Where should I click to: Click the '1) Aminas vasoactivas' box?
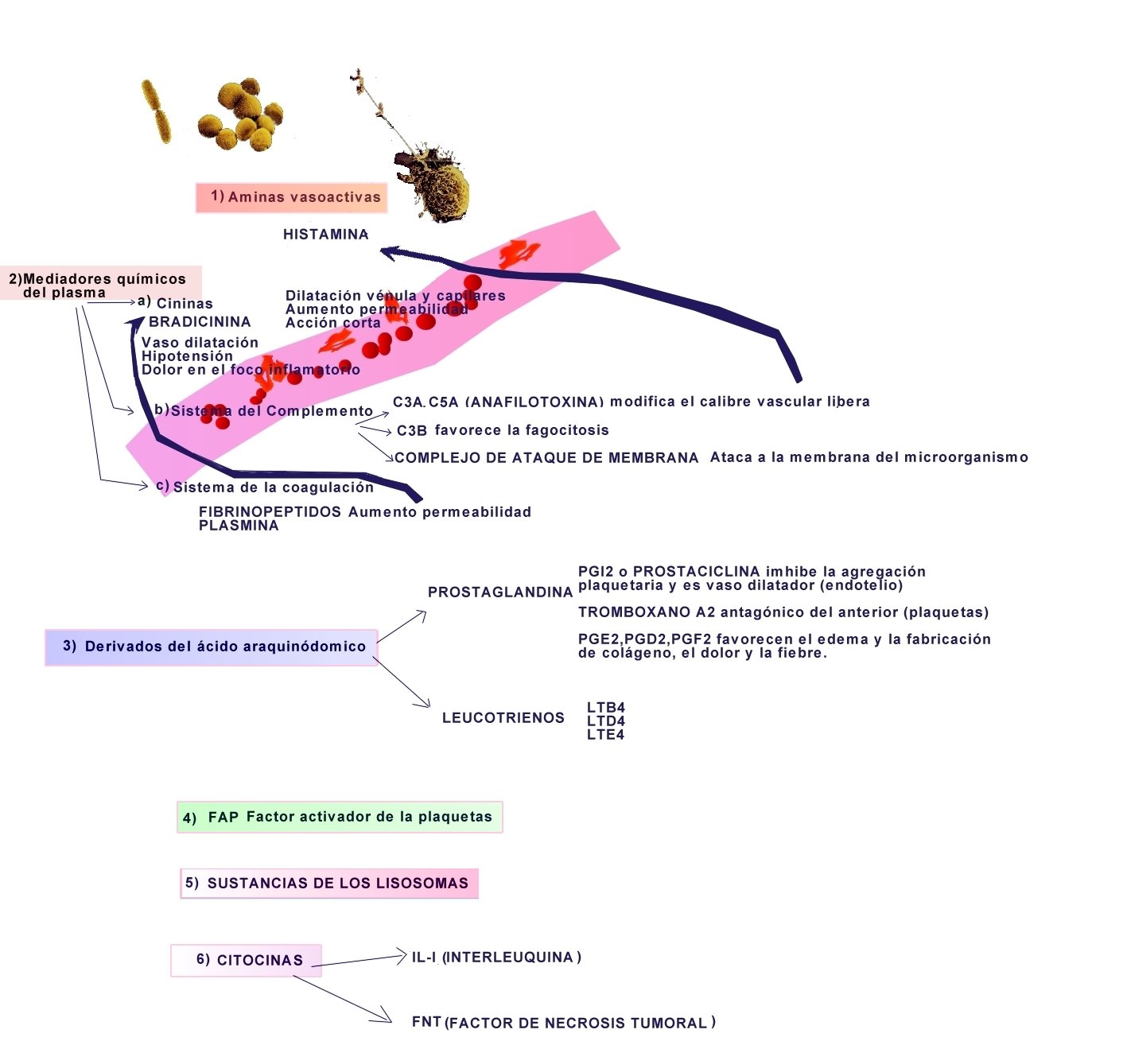pos(291,197)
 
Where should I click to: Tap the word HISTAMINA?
pos(326,235)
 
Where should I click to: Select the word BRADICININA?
pos(200,322)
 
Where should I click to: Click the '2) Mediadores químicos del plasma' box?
pos(101,282)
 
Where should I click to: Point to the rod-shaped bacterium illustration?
pos(156,111)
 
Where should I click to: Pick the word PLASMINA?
pos(239,526)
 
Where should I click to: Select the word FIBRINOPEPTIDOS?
pos(270,512)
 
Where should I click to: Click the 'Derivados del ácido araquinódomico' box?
pos(211,647)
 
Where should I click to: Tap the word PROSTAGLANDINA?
pos(500,592)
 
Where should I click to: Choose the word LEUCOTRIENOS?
pos(503,718)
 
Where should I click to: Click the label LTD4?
pos(606,721)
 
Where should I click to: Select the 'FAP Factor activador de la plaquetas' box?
pos(340,818)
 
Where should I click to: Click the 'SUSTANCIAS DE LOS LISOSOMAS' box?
pos(329,884)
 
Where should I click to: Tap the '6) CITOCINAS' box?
pos(247,960)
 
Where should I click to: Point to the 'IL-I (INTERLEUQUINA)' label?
pos(496,958)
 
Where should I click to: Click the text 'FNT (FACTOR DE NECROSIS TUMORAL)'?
pos(563,1022)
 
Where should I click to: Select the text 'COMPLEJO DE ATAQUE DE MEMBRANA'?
pos(546,458)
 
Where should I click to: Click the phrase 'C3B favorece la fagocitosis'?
pos(503,431)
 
